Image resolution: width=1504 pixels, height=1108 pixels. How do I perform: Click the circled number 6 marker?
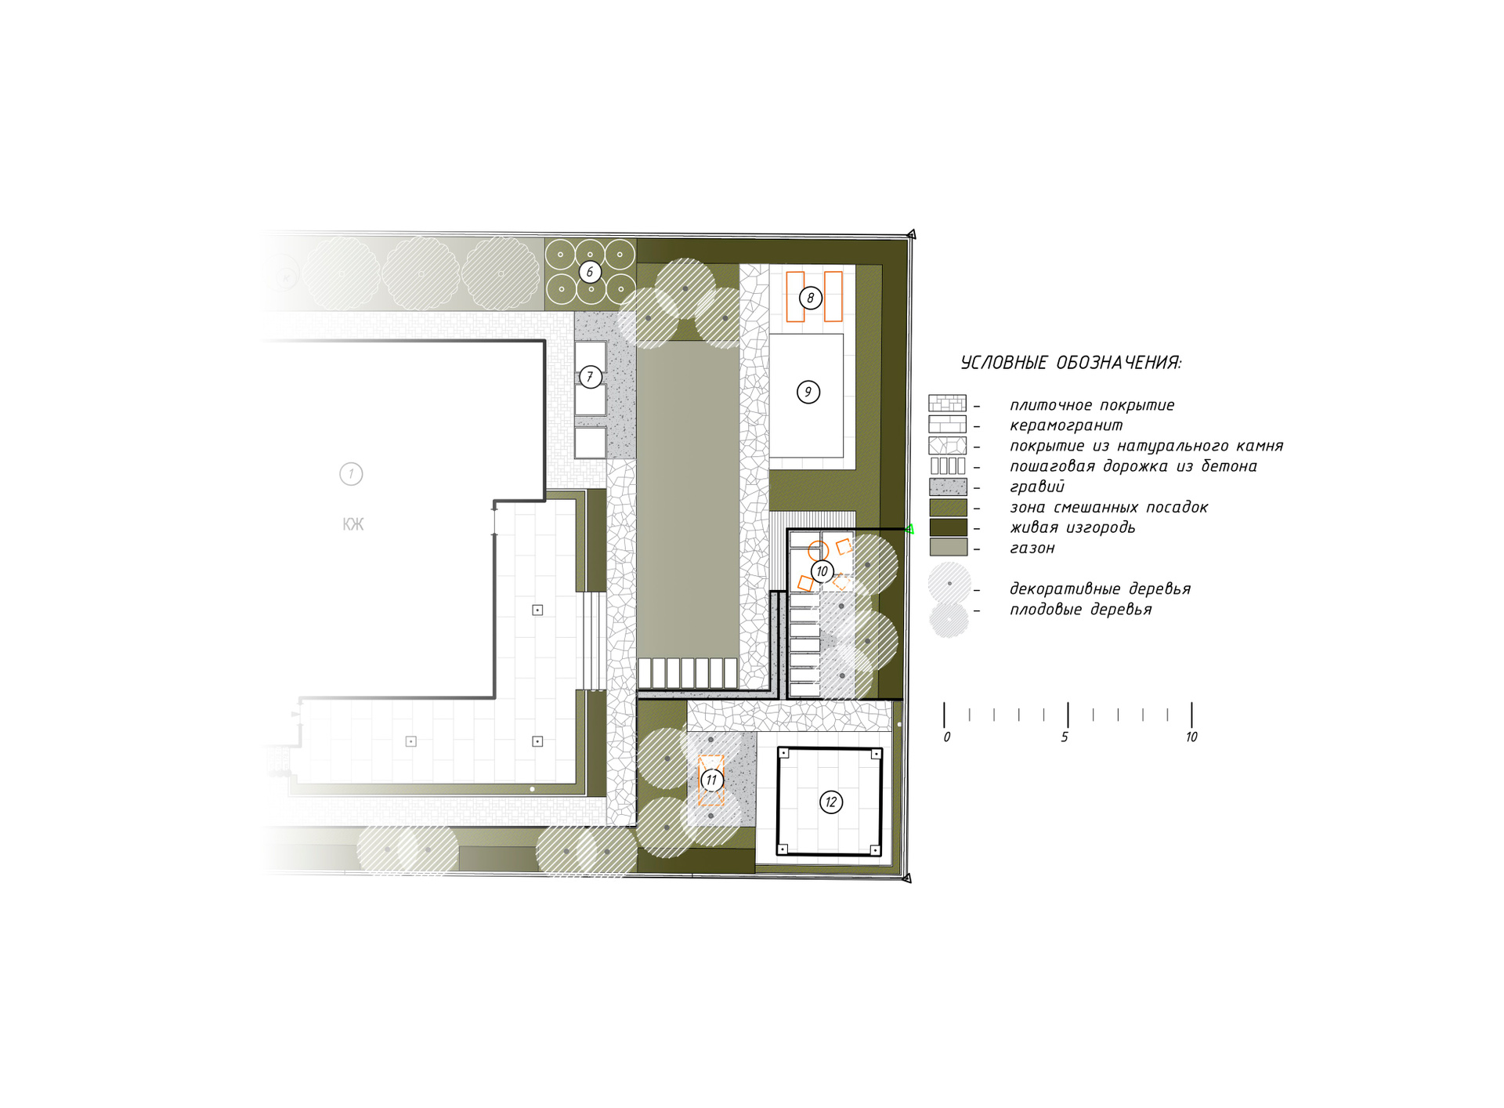click(x=590, y=272)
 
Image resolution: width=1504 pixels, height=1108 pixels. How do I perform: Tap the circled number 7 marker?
click(x=591, y=377)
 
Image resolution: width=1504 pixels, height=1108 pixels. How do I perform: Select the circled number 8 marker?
click(x=811, y=298)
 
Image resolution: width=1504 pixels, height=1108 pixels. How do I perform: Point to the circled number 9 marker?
click(x=808, y=392)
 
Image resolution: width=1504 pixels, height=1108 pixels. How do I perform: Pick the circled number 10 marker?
click(x=822, y=571)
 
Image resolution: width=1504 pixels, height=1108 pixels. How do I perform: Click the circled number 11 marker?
click(x=711, y=780)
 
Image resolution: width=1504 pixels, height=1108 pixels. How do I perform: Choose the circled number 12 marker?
click(x=831, y=802)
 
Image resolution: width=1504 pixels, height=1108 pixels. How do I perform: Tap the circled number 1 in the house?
click(x=351, y=474)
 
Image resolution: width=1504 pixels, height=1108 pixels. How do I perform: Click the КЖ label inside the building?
click(x=353, y=524)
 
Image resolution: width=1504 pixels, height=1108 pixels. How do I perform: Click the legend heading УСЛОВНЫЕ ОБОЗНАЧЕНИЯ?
click(x=1071, y=363)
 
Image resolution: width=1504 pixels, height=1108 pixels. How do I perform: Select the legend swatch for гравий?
click(x=948, y=487)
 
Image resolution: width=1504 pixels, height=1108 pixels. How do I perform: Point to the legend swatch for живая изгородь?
click(x=948, y=527)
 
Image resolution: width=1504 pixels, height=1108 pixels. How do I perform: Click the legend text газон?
click(x=1032, y=549)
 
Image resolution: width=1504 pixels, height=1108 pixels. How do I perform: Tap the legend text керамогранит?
click(x=1066, y=425)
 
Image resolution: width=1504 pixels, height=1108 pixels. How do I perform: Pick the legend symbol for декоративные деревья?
click(x=949, y=583)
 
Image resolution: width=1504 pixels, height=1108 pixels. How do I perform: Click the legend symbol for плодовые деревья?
click(x=949, y=619)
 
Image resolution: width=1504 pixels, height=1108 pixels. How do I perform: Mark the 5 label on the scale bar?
click(x=1065, y=737)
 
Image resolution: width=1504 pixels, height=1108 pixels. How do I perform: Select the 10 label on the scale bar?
click(x=1191, y=737)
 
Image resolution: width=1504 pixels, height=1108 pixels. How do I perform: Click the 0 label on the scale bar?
click(x=947, y=737)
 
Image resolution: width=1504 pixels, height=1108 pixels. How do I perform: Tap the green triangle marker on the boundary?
click(x=909, y=530)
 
